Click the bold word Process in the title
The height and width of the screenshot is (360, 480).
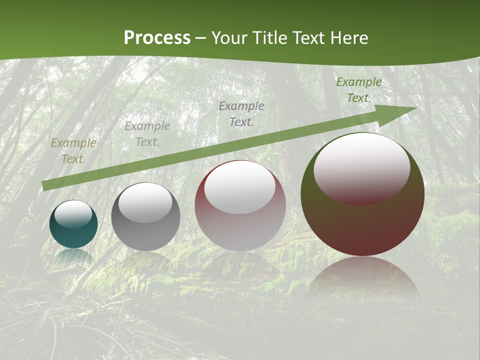[157, 38]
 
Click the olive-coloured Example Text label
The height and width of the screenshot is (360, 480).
[73, 151]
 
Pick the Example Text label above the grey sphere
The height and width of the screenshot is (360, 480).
[147, 134]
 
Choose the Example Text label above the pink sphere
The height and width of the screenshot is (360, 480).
[241, 113]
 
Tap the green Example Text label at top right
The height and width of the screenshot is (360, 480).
[358, 90]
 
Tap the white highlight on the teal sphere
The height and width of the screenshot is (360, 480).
[73, 214]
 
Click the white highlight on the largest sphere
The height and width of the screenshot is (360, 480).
[361, 167]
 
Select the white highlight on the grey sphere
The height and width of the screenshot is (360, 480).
[145, 202]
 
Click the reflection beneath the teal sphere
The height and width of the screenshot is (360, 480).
[73, 256]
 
